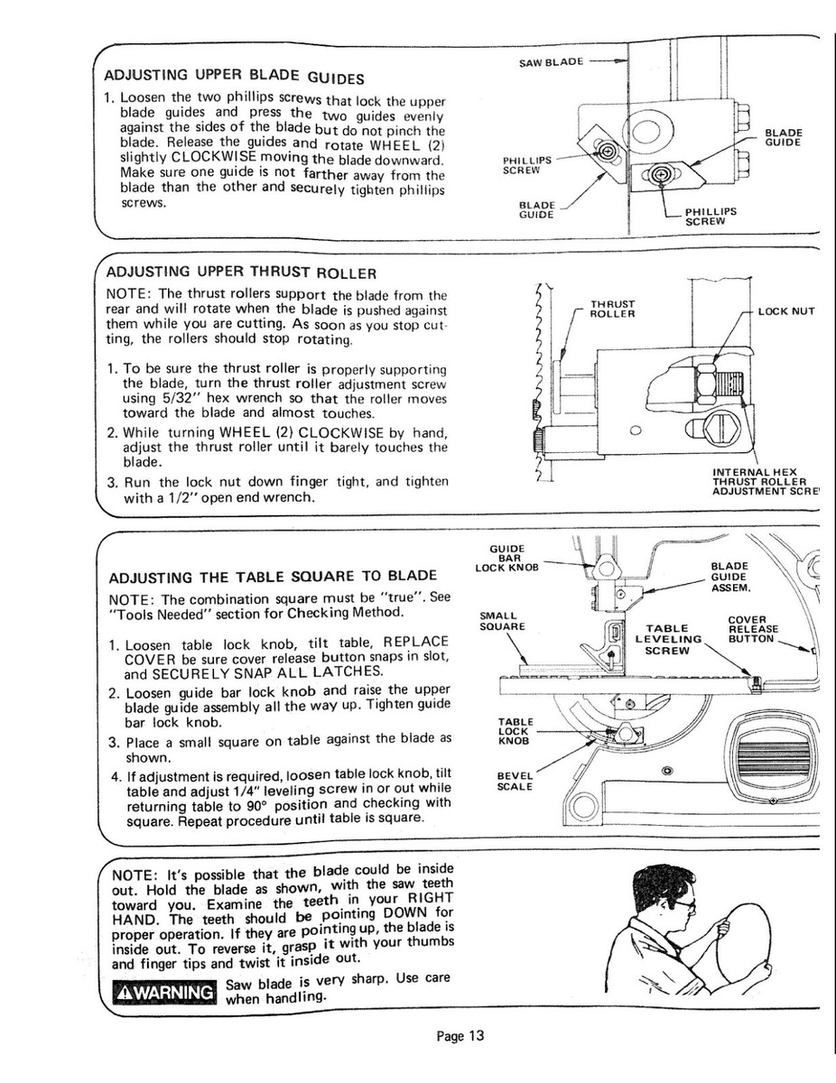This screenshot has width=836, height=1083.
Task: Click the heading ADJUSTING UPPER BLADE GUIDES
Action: pyautogui.click(x=235, y=75)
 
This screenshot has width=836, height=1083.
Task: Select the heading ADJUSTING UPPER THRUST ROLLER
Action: pyautogui.click(x=241, y=272)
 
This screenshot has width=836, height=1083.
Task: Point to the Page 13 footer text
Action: pyautogui.click(x=460, y=1036)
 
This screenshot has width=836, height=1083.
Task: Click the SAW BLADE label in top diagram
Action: pyautogui.click(x=552, y=62)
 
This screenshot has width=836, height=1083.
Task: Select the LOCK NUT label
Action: pyautogui.click(x=786, y=311)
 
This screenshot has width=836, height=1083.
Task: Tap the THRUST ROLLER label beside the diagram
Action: pyautogui.click(x=612, y=309)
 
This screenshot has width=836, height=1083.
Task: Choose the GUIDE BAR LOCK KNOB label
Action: pyautogui.click(x=506, y=558)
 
